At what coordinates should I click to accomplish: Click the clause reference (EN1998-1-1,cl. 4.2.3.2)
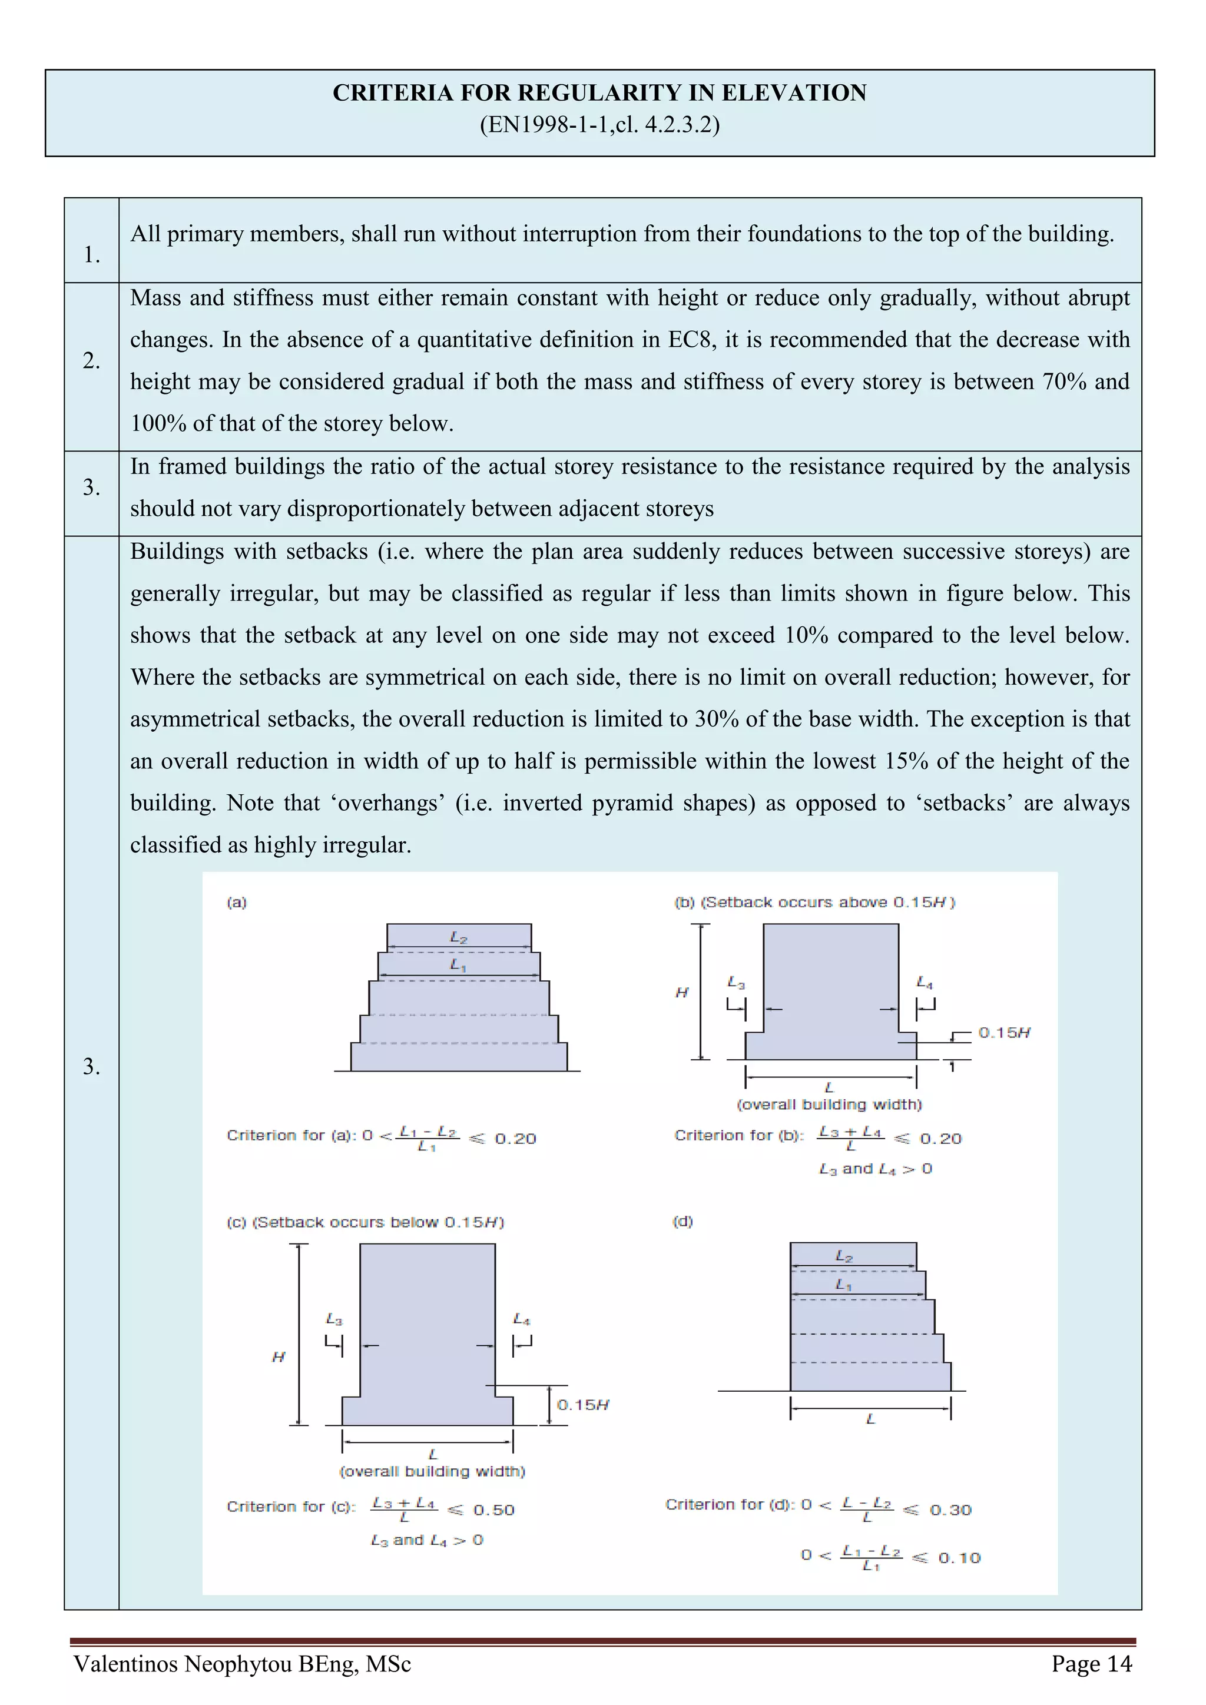tap(599, 124)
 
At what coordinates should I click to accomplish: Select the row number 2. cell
tap(91, 361)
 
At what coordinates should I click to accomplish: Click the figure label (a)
tap(236, 903)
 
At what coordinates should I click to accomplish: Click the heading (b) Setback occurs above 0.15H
tap(814, 903)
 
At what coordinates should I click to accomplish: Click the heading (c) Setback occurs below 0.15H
tap(365, 1222)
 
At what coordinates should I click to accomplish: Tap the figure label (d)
tap(682, 1222)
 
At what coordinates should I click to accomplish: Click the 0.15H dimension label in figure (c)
tap(583, 1405)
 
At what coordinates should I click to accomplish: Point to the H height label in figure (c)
tap(279, 1356)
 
